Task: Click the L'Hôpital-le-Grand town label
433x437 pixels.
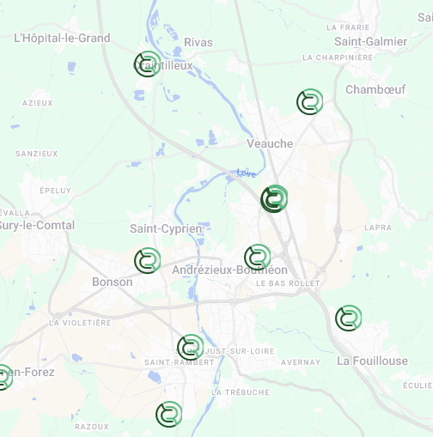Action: tap(63, 38)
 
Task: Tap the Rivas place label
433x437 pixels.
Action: tap(198, 42)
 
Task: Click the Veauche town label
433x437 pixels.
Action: tap(270, 143)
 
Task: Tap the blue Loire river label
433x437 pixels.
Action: tap(247, 173)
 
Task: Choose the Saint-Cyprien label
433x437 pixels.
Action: tap(166, 229)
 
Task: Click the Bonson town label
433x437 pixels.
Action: tap(113, 282)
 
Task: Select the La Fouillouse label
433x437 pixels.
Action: tap(372, 361)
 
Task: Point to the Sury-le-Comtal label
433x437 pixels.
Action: tap(37, 226)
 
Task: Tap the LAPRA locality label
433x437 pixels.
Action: tap(377, 228)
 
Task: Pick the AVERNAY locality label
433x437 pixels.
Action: tap(300, 362)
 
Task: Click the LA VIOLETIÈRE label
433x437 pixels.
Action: tap(81, 323)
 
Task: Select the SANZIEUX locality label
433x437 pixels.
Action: tap(37, 154)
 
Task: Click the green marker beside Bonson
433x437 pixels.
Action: tap(148, 260)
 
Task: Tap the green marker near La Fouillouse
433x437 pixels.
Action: tap(348, 318)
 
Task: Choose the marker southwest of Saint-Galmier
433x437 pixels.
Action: tap(309, 102)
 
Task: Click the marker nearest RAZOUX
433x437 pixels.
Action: tap(169, 414)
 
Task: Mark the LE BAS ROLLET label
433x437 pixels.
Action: tap(288, 283)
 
